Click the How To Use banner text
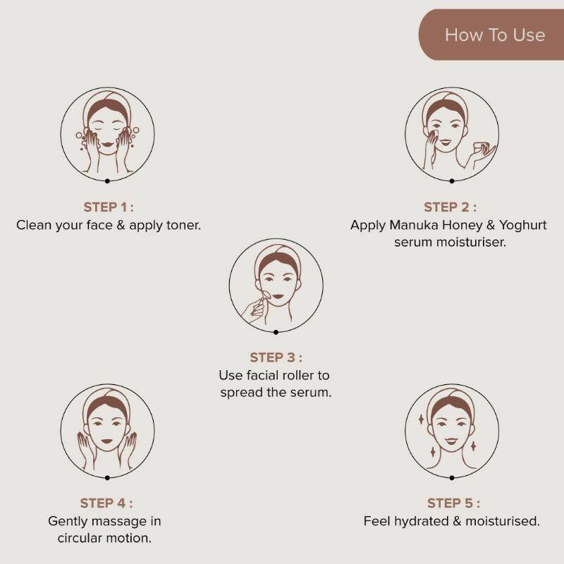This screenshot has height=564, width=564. click(x=495, y=35)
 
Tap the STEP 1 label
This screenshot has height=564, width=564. click(x=109, y=207)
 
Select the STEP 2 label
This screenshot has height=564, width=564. click(x=450, y=207)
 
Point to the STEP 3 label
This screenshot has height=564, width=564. click(x=276, y=357)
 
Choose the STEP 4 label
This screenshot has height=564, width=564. click(x=106, y=503)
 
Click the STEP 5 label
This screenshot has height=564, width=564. click(x=453, y=503)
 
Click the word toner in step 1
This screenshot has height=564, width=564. click(x=183, y=225)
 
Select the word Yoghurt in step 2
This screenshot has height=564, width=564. click(x=522, y=226)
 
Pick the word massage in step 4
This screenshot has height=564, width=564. click(x=117, y=522)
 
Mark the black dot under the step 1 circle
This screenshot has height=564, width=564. click(x=107, y=181)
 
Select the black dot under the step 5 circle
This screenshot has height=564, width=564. click(x=452, y=478)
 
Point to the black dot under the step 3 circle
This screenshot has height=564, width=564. click(x=276, y=332)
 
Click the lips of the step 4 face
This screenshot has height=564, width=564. click(x=107, y=441)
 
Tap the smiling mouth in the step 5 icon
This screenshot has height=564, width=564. click(x=451, y=441)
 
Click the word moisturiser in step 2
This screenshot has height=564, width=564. click(x=471, y=243)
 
